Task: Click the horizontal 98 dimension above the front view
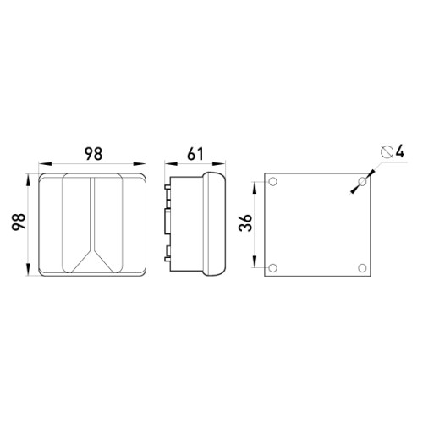[93, 154]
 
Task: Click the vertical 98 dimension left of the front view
[19, 222]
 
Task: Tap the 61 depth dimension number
[195, 154]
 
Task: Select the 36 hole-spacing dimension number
[245, 222]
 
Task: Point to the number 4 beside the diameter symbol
[399, 151]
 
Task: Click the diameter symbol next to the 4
[387, 152]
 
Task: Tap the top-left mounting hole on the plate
[272, 182]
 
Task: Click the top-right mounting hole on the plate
[362, 182]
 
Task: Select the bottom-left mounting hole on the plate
[272, 268]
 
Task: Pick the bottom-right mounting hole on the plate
[362, 268]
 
